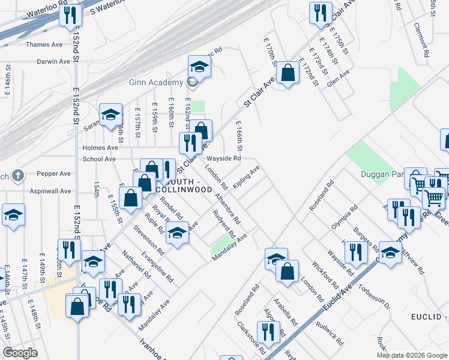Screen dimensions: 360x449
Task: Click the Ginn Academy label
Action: point(155,82)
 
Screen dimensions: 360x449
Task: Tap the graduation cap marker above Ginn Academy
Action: point(199,66)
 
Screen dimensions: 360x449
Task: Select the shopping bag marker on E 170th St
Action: point(288,73)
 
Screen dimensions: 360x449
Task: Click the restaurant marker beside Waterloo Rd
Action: point(71,15)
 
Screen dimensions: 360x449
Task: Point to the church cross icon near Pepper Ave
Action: point(19,175)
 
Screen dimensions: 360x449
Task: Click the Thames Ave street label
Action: point(44,44)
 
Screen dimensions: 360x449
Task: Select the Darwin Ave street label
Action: point(53,61)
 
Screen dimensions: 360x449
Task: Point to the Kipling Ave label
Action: point(246,178)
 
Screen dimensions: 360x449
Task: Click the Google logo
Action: point(20,353)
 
